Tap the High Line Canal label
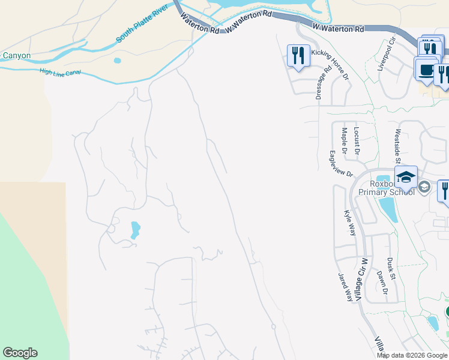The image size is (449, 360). coord(59,73)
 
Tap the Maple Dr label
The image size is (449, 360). coord(345,140)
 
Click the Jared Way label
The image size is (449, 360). coord(345,286)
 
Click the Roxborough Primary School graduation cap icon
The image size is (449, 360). coord(406,176)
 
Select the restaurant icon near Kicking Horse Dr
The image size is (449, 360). coord(298,55)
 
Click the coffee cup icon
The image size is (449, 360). coord(426,68)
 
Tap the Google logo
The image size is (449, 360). coord(20,353)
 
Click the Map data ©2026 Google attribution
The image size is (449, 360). coord(412,355)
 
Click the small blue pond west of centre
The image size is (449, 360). coord(135,229)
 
